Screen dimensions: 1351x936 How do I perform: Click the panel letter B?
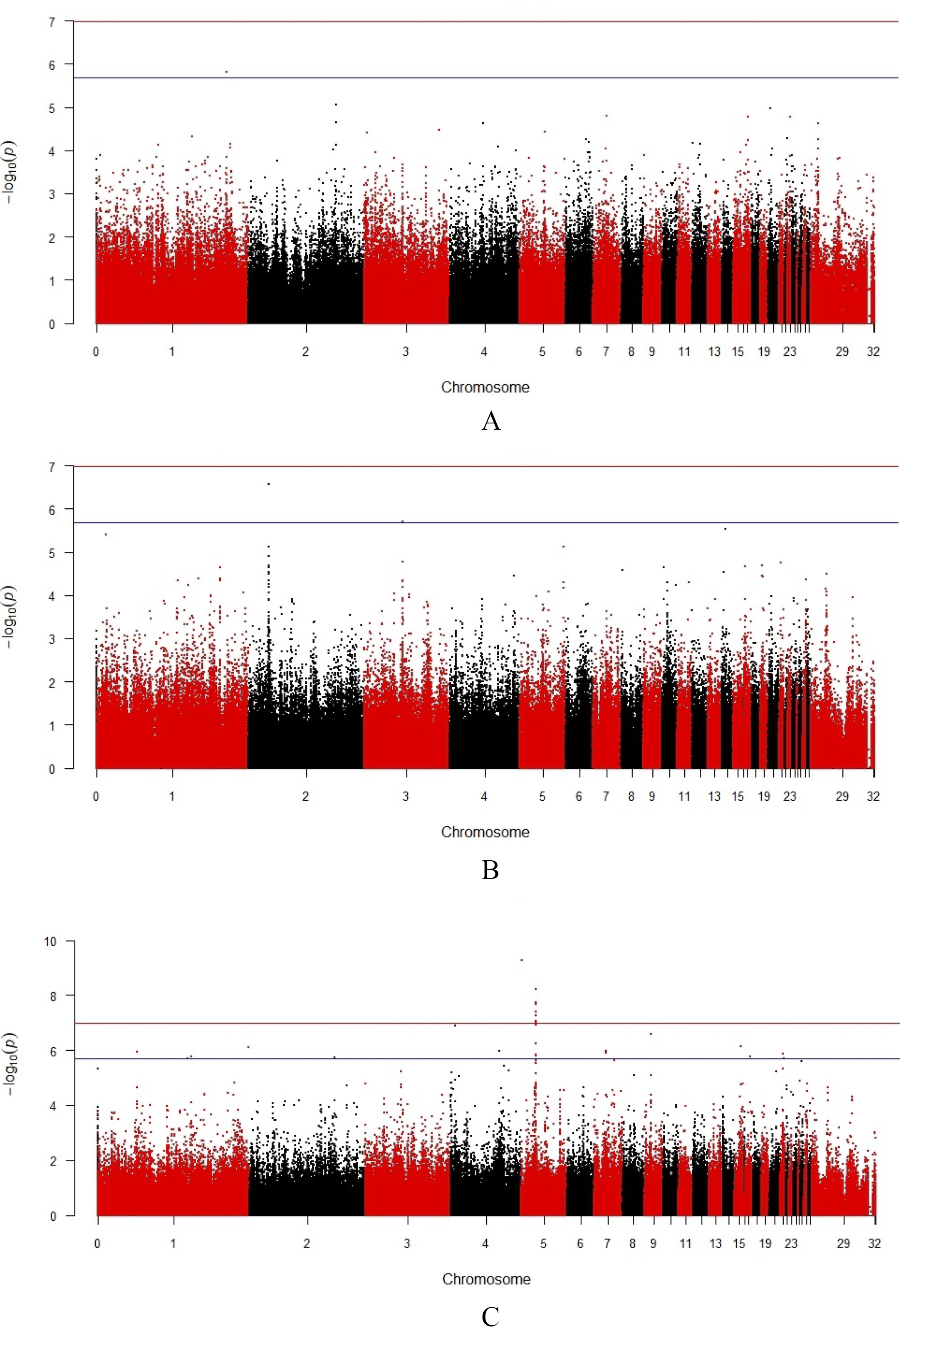coord(490,870)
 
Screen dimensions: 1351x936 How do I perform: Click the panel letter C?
coord(490,1317)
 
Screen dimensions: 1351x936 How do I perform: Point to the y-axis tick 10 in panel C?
coord(50,942)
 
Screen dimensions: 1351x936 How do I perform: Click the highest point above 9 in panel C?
coord(521,960)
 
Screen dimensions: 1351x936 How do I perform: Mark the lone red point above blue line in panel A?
coord(226,72)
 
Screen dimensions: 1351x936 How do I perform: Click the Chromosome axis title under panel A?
coord(485,388)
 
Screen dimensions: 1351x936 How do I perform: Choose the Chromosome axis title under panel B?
coord(485,832)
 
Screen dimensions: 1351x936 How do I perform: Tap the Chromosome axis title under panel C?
coord(486,1279)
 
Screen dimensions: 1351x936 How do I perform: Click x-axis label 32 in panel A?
coord(873,352)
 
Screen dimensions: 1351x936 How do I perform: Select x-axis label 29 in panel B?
coord(842,796)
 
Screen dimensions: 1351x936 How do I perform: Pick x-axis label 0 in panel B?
coord(96,796)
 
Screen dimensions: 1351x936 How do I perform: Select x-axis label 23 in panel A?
coord(790,352)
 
